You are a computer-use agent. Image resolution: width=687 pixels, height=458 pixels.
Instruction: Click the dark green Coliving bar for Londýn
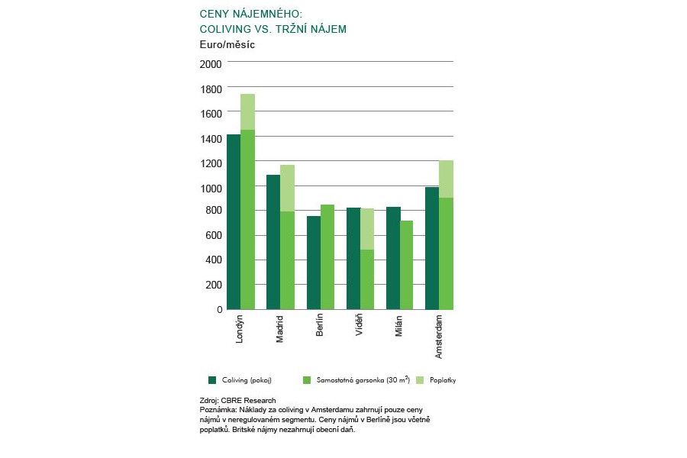(x=234, y=221)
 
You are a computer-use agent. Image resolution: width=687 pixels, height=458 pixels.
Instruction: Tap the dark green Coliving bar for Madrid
(x=273, y=242)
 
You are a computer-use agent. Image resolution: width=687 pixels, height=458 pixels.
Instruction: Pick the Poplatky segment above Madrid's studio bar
(x=287, y=188)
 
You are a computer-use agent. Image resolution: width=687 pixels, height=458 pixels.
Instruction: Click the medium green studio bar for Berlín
(x=327, y=256)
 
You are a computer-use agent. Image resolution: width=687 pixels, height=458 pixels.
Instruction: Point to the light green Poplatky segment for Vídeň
(x=367, y=229)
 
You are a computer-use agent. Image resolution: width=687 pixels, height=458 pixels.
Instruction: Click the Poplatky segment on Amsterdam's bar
(x=447, y=179)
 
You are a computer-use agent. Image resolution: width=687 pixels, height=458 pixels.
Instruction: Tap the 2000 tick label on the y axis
(x=211, y=63)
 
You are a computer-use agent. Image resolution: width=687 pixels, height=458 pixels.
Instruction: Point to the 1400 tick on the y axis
(x=211, y=138)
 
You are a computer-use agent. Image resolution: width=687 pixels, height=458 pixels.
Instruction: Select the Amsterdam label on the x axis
(x=438, y=336)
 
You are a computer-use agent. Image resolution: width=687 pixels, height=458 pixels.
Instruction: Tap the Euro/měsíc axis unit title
(x=227, y=45)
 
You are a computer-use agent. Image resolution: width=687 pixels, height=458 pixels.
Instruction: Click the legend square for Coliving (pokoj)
(x=211, y=379)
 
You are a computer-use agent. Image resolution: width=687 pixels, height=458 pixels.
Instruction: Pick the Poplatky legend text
(x=442, y=379)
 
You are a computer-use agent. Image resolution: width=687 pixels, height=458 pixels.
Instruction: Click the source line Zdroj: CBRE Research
(x=237, y=400)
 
